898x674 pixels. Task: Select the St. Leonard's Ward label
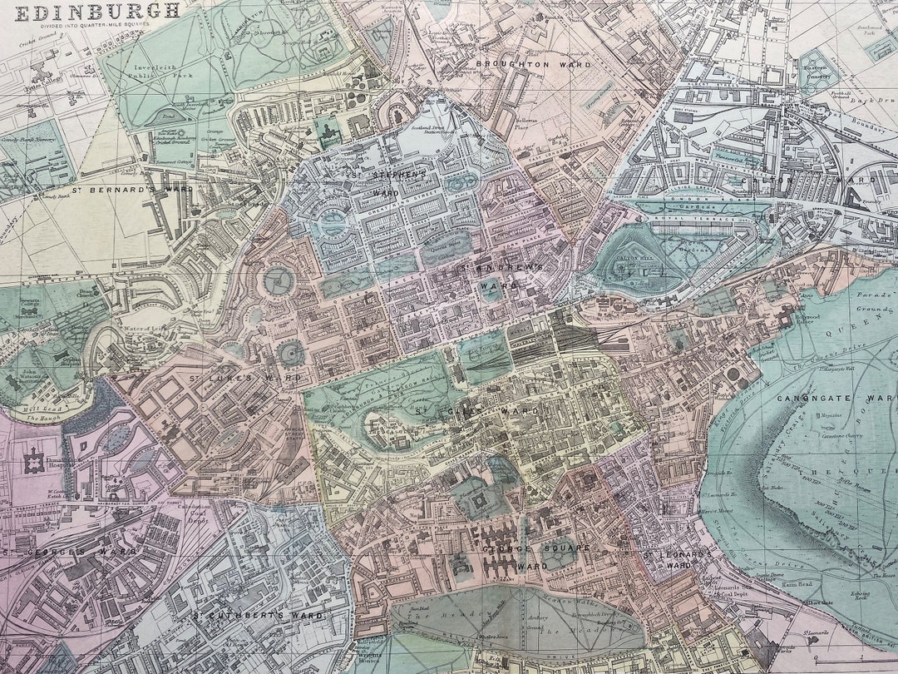673,558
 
